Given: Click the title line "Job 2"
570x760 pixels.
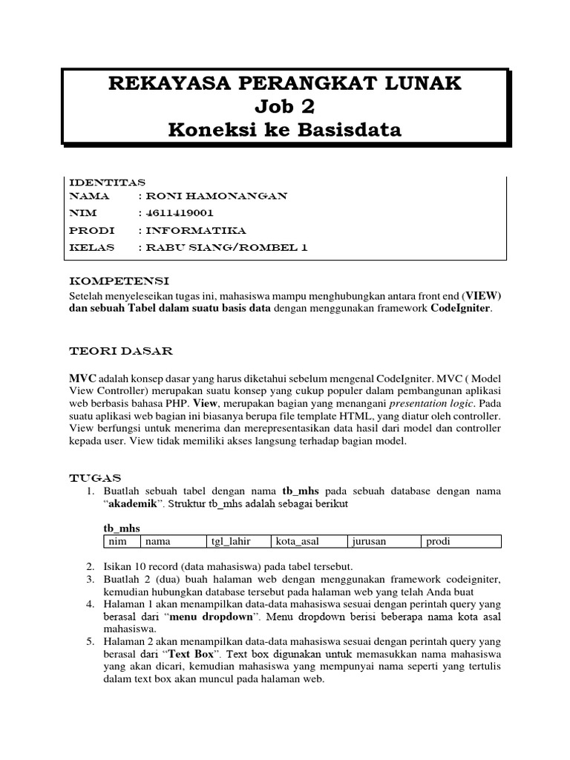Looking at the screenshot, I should [x=284, y=107].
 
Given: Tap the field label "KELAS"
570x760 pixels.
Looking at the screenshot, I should [x=91, y=247].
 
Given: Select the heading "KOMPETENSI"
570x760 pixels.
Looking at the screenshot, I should [x=119, y=281].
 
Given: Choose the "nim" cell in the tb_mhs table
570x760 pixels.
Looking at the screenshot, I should [x=118, y=542].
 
